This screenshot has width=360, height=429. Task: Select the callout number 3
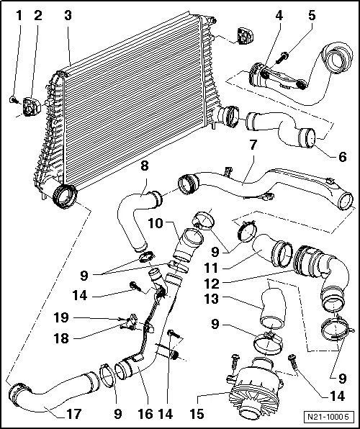[67, 14]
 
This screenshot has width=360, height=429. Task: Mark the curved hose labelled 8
[137, 216]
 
